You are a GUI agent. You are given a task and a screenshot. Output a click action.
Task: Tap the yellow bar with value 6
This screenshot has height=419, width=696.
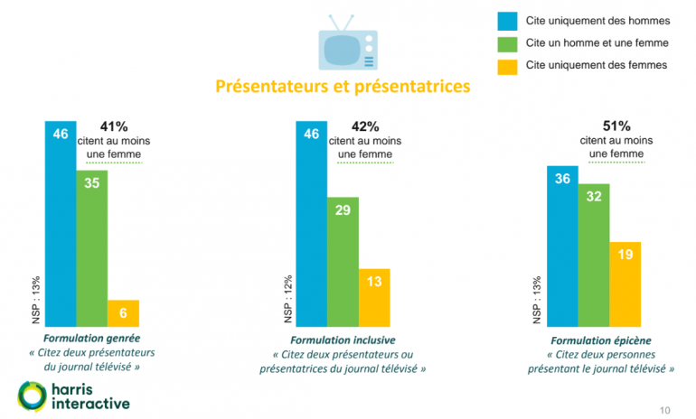click(x=123, y=312)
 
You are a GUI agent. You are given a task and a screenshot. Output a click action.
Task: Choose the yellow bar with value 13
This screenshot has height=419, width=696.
click(x=374, y=296)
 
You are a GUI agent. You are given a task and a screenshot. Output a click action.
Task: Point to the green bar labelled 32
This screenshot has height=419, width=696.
click(x=594, y=254)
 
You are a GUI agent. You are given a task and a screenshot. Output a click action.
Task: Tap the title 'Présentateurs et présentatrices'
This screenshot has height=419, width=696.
click(x=343, y=88)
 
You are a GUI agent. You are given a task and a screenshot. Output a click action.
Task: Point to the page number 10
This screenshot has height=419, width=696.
click(x=666, y=410)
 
